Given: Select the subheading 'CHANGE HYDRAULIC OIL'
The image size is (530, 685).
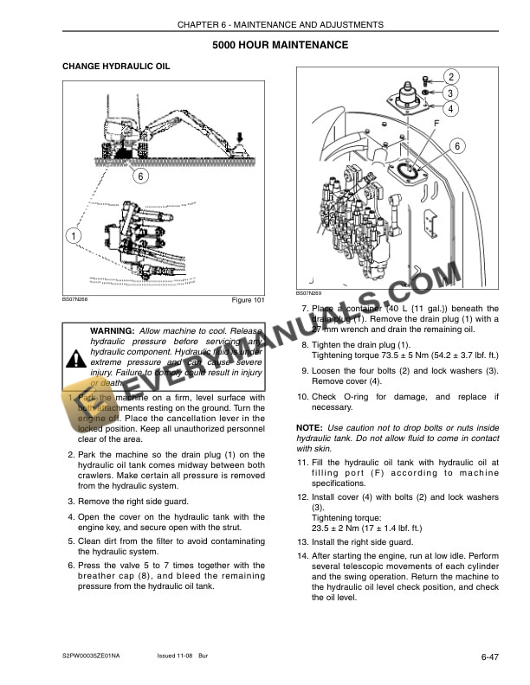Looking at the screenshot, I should (116, 67).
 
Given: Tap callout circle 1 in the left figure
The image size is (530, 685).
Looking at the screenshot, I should (74, 234).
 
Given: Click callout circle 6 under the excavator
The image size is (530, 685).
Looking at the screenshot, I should (140, 176).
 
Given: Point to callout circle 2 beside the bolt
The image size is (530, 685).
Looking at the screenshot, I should (453, 76).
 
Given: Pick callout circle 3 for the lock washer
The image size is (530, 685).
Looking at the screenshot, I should (453, 93).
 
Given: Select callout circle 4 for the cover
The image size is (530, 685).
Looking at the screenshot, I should (453, 109).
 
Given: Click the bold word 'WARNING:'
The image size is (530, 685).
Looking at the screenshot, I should (112, 331).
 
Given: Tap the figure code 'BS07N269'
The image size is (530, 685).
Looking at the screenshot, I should (309, 292).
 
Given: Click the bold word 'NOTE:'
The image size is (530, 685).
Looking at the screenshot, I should (309, 428).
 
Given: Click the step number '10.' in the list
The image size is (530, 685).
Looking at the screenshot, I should (302, 397).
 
